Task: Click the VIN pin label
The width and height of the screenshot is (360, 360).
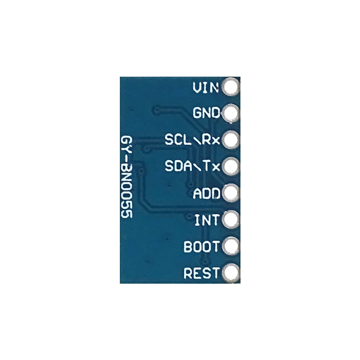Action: pyautogui.click(x=206, y=87)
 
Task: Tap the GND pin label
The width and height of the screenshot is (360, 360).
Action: pyautogui.click(x=206, y=113)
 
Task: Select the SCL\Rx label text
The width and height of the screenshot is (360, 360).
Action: pyautogui.click(x=192, y=140)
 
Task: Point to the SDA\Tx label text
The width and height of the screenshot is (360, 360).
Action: pyautogui.click(x=192, y=166)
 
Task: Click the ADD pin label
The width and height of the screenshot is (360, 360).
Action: pyautogui.click(x=207, y=194)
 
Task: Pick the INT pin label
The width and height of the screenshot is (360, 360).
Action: pyautogui.click(x=207, y=220)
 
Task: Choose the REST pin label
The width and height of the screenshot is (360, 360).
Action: pyautogui.click(x=201, y=273)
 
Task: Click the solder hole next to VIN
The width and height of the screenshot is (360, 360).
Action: pyautogui.click(x=230, y=87)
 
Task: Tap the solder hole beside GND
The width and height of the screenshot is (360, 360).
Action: pyautogui.click(x=230, y=114)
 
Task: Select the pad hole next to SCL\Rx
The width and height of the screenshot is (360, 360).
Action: pyautogui.click(x=230, y=140)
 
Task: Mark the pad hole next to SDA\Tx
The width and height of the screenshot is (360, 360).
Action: pyautogui.click(x=230, y=166)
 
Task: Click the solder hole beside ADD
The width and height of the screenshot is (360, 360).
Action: pyautogui.click(x=230, y=193)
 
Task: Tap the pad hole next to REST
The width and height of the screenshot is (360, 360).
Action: pyautogui.click(x=230, y=273)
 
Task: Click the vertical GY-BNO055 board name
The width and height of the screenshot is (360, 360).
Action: pyautogui.click(x=127, y=177)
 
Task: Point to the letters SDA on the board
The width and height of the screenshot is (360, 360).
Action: pyautogui.click(x=178, y=166)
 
